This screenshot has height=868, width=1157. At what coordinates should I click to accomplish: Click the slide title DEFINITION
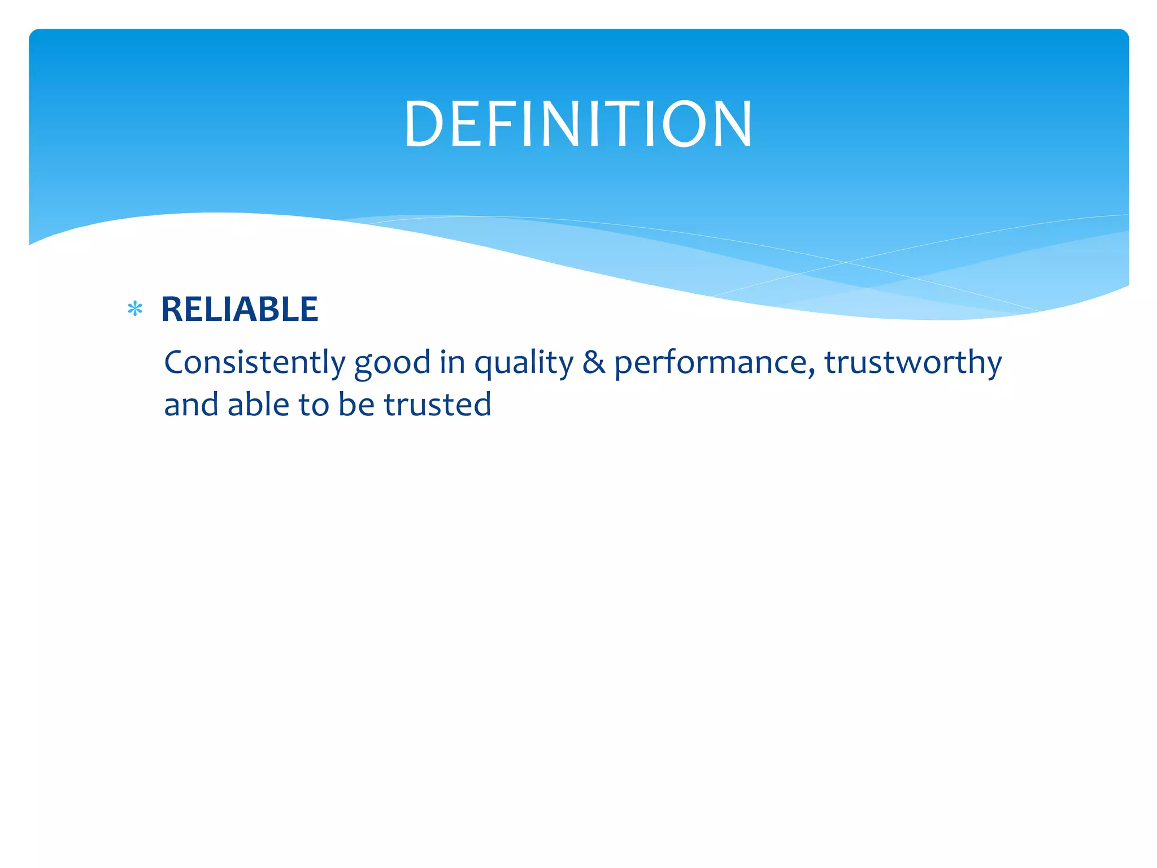(578, 124)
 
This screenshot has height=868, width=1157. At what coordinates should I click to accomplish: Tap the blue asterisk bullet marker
(135, 309)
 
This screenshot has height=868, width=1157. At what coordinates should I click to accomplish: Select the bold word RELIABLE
(240, 309)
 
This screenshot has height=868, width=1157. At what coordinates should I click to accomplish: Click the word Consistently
(254, 362)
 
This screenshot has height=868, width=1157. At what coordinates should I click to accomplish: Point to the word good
(392, 363)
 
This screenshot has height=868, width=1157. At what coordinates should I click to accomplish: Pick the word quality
(523, 363)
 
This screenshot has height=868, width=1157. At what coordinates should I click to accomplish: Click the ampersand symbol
(593, 362)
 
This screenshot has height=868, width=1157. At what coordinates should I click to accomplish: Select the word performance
(713, 363)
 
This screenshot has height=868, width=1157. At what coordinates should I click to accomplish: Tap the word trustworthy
(912, 362)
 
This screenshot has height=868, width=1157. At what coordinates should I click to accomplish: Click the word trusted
(437, 405)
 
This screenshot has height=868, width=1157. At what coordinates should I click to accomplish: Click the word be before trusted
(356, 405)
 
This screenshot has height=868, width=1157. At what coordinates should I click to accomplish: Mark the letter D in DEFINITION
(423, 124)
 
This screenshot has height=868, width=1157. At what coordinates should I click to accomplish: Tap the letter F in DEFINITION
(497, 124)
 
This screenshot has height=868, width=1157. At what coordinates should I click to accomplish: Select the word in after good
(453, 362)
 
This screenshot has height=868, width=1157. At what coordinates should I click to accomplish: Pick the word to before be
(314, 405)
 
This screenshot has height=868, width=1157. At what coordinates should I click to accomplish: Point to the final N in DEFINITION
(731, 124)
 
